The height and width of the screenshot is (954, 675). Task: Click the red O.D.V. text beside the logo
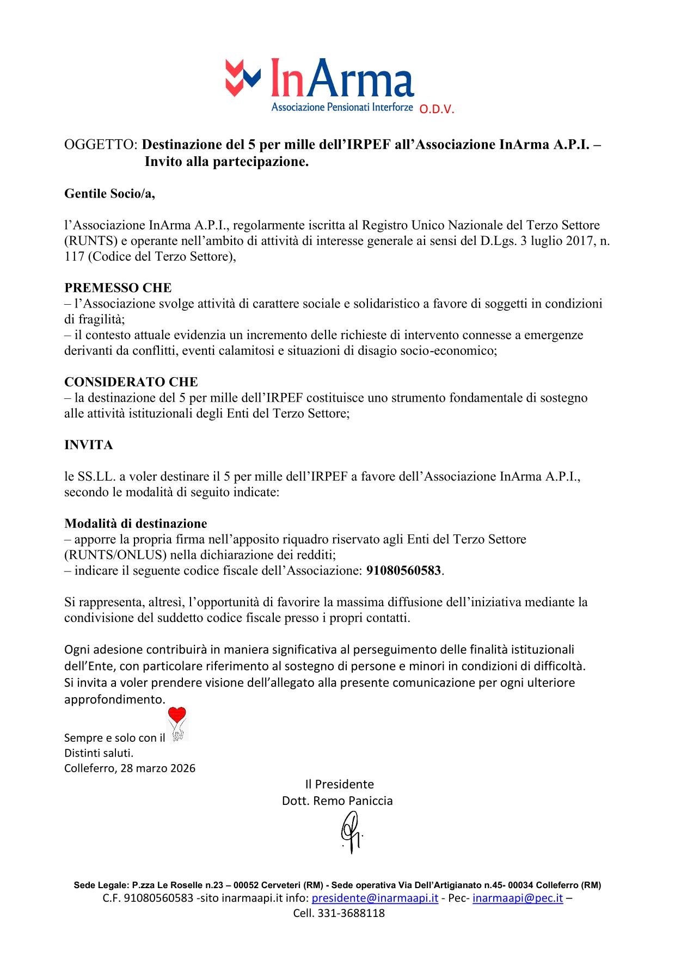pyautogui.click(x=436, y=109)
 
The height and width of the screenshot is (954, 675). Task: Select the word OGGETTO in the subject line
pyautogui.click(x=100, y=145)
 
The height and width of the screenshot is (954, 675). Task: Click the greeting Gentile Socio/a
pyautogui.click(x=109, y=194)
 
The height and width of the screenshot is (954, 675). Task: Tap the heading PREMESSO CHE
pyautogui.click(x=118, y=287)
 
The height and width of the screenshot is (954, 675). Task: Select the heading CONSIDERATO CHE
pyautogui.click(x=131, y=381)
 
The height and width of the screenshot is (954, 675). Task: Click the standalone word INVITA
pyautogui.click(x=89, y=445)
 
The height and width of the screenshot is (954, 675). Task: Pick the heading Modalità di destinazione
pyautogui.click(x=136, y=524)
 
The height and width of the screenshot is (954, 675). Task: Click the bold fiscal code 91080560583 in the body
pyautogui.click(x=403, y=571)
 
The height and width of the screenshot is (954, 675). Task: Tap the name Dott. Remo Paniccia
pyautogui.click(x=337, y=801)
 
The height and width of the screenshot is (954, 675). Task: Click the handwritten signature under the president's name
pyautogui.click(x=351, y=832)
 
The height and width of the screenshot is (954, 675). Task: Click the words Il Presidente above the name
pyautogui.click(x=339, y=784)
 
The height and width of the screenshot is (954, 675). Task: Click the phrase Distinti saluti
pyautogui.click(x=99, y=753)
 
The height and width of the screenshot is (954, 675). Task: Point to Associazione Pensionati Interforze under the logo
pyautogui.click(x=341, y=107)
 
